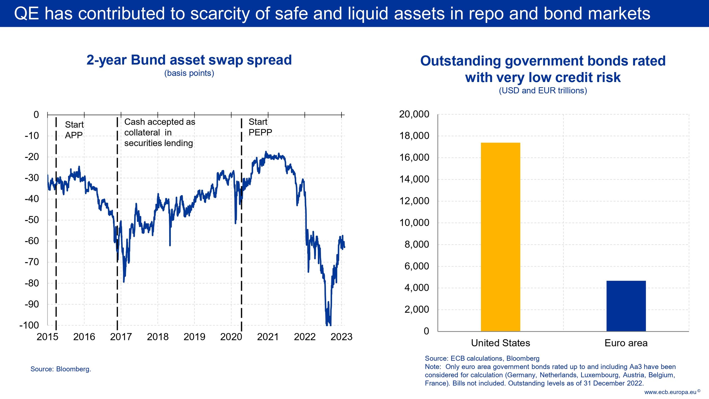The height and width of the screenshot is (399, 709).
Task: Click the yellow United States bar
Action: click(500, 237)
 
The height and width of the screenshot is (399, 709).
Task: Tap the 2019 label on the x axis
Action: click(194, 337)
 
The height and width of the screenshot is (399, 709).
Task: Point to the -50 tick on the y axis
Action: click(32, 220)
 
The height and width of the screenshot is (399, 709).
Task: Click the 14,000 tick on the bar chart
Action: click(414, 179)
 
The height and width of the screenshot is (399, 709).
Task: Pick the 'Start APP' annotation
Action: click(74, 130)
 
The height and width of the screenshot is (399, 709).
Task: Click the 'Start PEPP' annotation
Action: click(260, 127)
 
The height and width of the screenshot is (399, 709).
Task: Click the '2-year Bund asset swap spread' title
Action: click(189, 60)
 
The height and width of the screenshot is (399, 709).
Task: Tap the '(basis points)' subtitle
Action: click(189, 73)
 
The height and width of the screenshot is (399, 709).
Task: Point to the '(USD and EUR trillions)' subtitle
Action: click(543, 91)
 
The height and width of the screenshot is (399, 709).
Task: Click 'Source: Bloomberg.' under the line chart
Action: click(61, 369)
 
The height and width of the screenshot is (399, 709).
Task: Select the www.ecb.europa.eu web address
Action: click(670, 392)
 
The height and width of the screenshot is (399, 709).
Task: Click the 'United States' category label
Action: click(500, 343)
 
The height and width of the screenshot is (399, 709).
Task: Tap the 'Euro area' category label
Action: click(626, 343)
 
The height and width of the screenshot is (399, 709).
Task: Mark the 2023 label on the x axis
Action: click(341, 337)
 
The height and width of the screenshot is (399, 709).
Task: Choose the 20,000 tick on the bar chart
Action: click(414, 114)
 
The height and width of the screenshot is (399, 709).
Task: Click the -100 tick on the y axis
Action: click(29, 325)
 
